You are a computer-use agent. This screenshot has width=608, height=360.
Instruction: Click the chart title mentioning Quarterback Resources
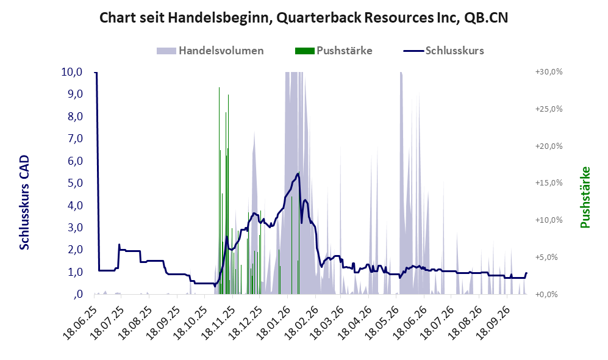coord(304,18)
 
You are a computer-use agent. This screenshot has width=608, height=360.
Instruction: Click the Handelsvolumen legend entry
coord(210,51)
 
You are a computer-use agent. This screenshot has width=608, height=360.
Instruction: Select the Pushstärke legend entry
coord(334,51)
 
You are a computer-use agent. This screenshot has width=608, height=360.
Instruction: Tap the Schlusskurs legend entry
coord(443,51)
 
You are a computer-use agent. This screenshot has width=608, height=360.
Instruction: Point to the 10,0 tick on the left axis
coord(72,72)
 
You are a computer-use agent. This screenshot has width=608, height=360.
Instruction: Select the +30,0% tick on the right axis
coord(549,72)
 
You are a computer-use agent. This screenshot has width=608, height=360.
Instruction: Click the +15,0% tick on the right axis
coord(549,182)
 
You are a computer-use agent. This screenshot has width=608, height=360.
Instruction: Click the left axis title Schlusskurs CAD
coord(24,203)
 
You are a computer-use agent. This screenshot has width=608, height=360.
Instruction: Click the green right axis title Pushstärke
coord(585,197)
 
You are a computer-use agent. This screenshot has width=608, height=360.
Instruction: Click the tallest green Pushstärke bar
coord(219,190)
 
